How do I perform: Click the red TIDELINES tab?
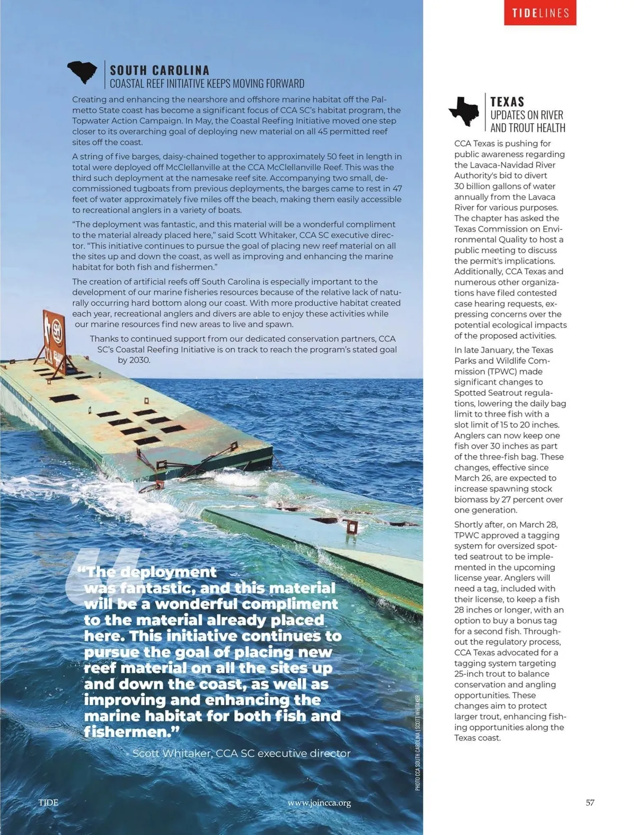540,13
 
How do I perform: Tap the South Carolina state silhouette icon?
82,73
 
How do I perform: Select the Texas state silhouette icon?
464,111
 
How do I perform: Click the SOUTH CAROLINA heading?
160,70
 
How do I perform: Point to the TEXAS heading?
507,101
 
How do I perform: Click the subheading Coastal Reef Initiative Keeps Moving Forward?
207,83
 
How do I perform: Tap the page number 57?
590,802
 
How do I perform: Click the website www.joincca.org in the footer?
319,803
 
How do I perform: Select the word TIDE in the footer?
48,802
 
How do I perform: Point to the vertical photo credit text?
418,742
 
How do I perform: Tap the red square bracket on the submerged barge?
351,526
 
